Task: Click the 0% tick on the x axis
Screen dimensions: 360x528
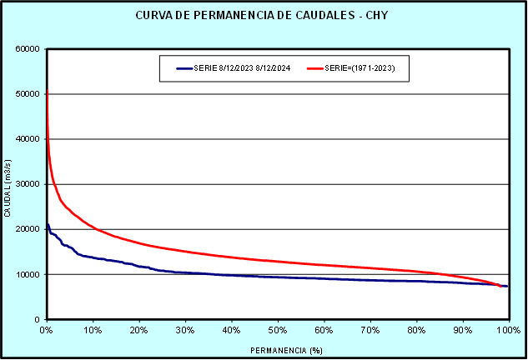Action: tap(47, 330)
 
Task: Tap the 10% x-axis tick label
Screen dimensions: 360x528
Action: tap(93, 330)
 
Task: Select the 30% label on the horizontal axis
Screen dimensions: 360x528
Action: tap(185, 330)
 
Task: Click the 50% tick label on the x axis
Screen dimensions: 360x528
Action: tap(278, 330)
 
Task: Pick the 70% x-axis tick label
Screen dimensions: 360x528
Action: tap(370, 330)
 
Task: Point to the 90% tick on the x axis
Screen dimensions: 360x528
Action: tap(462, 330)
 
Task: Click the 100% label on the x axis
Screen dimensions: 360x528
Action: tap(507, 330)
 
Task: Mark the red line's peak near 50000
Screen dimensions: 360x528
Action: tap(47, 90)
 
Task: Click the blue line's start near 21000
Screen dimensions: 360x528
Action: tap(48, 224)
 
